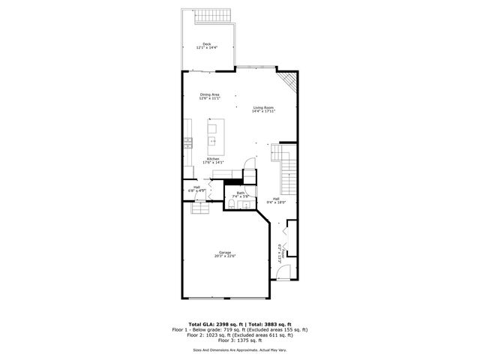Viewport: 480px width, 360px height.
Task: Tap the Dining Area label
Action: tap(209, 94)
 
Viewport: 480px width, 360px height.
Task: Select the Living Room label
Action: tap(264, 107)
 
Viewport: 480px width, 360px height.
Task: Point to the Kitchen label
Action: tap(214, 158)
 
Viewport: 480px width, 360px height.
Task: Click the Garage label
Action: tap(225, 252)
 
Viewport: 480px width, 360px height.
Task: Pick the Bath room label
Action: tap(241, 193)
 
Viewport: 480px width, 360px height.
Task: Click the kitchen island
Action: tap(212, 133)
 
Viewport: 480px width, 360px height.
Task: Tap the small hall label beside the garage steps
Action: tap(196, 187)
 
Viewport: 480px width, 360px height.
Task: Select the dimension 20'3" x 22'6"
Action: tap(226, 256)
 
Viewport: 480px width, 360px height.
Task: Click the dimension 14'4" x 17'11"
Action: tap(264, 111)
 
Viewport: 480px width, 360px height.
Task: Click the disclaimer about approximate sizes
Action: tap(239, 349)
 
